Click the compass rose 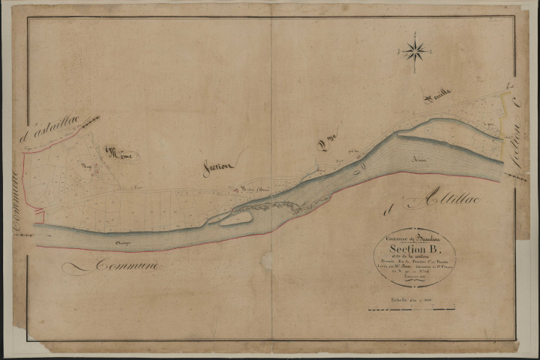pyautogui.click(x=414, y=51)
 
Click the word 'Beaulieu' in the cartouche pyautogui.click(x=427, y=237)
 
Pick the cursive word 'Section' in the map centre pyautogui.click(x=219, y=168)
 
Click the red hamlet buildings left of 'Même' pyautogui.click(x=94, y=166)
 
